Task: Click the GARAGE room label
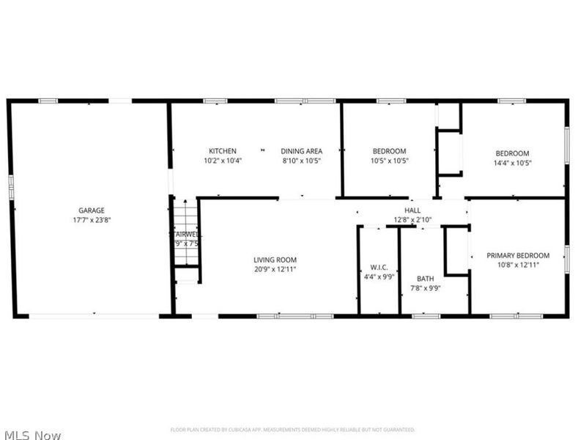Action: point(92,210)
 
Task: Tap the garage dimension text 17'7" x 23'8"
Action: point(92,219)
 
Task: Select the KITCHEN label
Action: point(222,152)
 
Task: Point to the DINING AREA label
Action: point(301,152)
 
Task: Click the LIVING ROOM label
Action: point(275,260)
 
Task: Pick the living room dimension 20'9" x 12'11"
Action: point(275,269)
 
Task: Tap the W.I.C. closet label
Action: point(379,267)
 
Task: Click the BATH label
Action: point(426,279)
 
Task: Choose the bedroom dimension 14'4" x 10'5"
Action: point(512,163)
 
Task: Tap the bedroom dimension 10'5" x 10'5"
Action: point(389,161)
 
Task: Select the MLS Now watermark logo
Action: point(31,435)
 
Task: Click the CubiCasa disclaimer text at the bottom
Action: point(292,430)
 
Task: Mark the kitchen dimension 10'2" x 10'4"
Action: point(222,161)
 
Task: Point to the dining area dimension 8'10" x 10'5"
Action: point(301,161)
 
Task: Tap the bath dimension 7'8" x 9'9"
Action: point(426,288)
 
